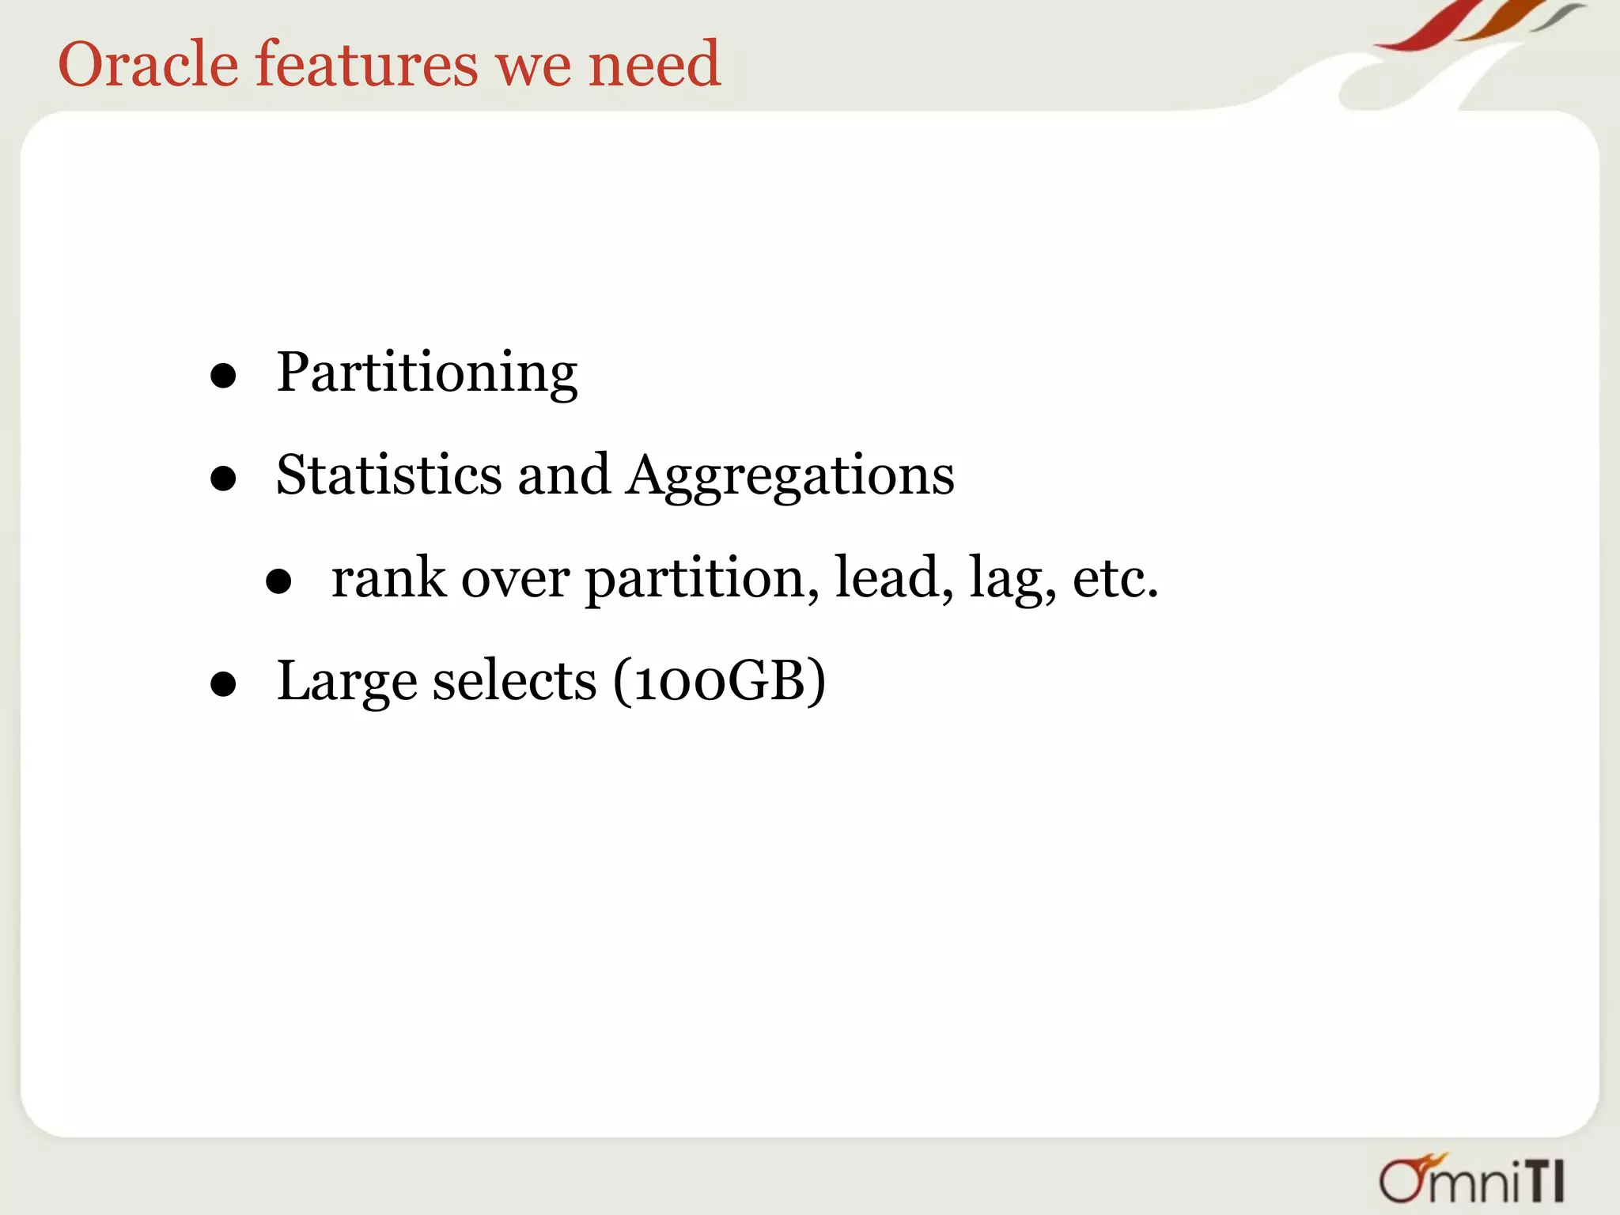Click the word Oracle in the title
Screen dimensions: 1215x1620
pyautogui.click(x=148, y=64)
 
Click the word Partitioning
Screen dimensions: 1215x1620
pyautogui.click(x=427, y=373)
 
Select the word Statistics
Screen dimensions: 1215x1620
pyautogui.click(x=388, y=475)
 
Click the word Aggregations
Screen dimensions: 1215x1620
pyautogui.click(x=790, y=477)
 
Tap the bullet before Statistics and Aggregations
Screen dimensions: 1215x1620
pyautogui.click(x=224, y=479)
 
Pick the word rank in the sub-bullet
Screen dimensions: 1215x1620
pyautogui.click(x=388, y=578)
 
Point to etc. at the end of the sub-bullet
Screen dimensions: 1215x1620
pyautogui.click(x=1115, y=578)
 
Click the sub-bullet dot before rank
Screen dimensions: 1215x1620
pyautogui.click(x=278, y=582)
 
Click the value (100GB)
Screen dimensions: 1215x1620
pyautogui.click(x=719, y=681)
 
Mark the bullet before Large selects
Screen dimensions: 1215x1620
pyautogui.click(x=224, y=684)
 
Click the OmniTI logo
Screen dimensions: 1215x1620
pyautogui.click(x=1471, y=1179)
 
